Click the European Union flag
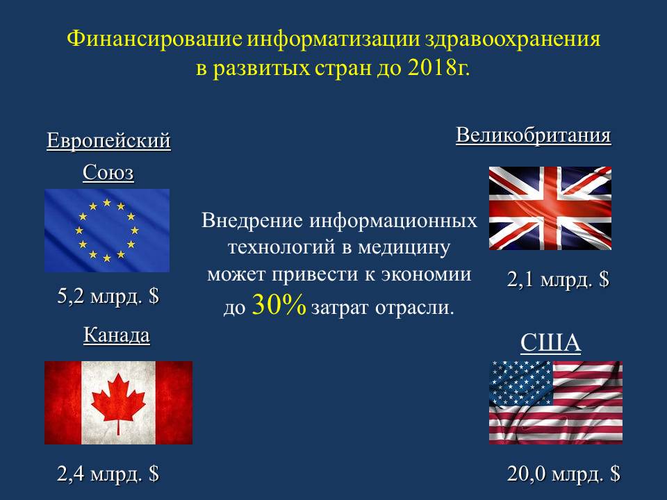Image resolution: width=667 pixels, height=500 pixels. [x=107, y=231]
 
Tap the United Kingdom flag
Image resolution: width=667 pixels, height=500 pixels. [x=550, y=208]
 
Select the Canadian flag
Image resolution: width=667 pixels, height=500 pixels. [x=118, y=403]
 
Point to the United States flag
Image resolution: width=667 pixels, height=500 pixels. [x=556, y=403]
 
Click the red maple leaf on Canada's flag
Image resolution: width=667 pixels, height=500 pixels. [x=118, y=403]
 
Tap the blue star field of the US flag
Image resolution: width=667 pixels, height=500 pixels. [x=520, y=383]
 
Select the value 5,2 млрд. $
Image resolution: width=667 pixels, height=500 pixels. [x=108, y=296]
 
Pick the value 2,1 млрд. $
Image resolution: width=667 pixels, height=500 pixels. [x=558, y=280]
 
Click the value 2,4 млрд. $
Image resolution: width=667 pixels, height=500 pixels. [x=108, y=474]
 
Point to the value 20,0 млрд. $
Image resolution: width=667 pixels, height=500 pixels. [x=563, y=474]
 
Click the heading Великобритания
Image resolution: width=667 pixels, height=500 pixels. [x=534, y=135]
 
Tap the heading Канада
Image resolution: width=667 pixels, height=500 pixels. [x=117, y=335]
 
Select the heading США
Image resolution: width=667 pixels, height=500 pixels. [x=550, y=342]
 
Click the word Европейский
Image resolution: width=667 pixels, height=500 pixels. [x=108, y=140]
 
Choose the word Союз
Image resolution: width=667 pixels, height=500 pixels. [x=108, y=172]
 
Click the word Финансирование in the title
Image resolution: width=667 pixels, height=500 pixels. [x=154, y=39]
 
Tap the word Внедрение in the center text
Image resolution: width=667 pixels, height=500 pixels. [x=252, y=221]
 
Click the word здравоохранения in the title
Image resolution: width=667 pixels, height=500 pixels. [x=512, y=39]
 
